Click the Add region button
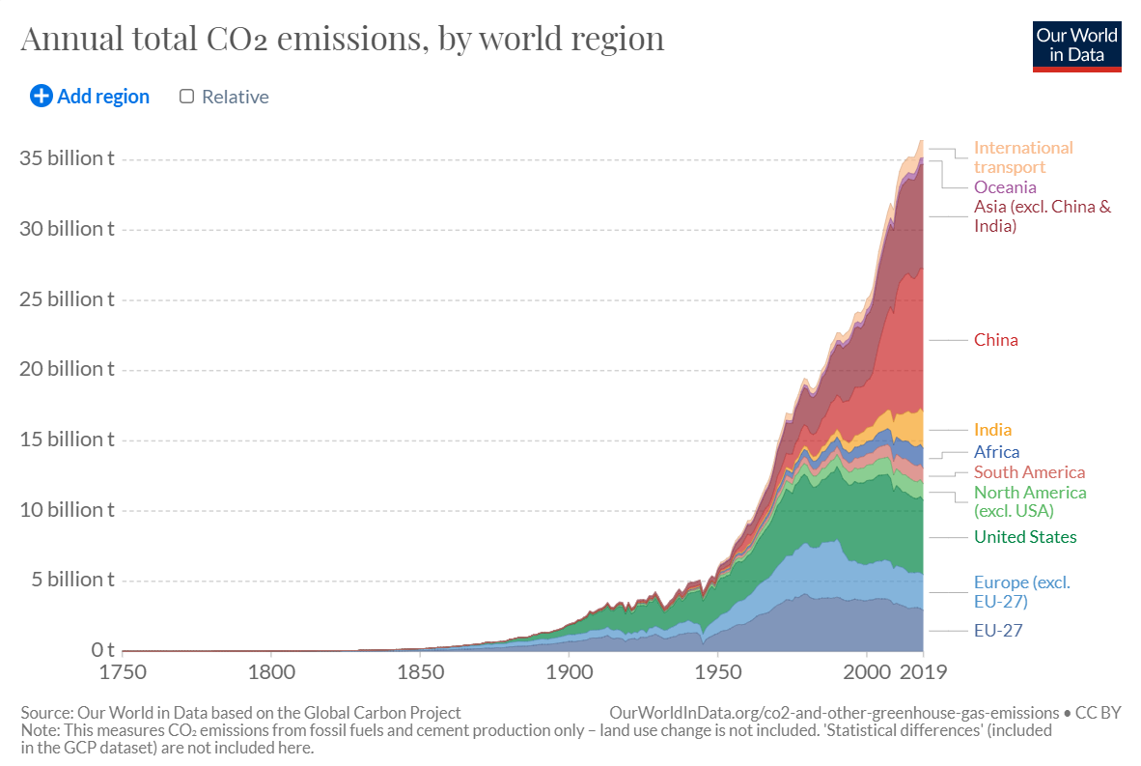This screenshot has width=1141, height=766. (x=90, y=97)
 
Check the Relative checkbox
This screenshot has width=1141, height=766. (x=187, y=97)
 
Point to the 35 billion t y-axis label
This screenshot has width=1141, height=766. (x=67, y=158)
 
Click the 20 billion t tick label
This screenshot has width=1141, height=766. (x=67, y=369)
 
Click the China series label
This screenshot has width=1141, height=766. (x=995, y=340)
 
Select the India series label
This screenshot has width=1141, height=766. (x=992, y=430)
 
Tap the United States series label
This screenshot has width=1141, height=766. (x=1024, y=537)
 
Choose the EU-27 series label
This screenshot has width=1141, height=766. (x=997, y=631)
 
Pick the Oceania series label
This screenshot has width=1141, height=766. (x=1005, y=187)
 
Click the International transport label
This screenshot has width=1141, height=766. (x=1022, y=157)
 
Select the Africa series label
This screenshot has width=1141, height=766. (x=996, y=452)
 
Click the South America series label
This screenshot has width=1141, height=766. (x=1029, y=472)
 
